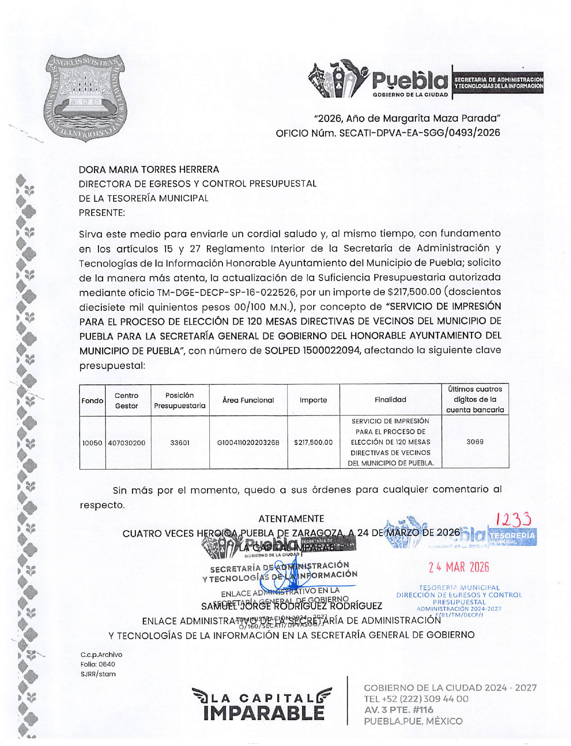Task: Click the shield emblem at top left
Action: (x=85, y=98)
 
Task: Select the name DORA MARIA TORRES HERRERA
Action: (x=149, y=170)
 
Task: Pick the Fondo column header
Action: (x=92, y=401)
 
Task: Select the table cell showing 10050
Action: (x=92, y=443)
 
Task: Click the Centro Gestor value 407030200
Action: (x=127, y=443)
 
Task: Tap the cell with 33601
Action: (x=179, y=443)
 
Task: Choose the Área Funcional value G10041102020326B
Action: (x=248, y=443)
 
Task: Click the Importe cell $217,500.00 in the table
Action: (x=313, y=443)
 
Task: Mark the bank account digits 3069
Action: (x=475, y=442)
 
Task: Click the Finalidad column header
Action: (x=390, y=400)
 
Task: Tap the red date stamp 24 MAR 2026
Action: (x=459, y=567)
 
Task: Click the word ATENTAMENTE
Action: (x=291, y=519)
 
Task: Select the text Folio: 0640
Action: (x=98, y=664)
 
